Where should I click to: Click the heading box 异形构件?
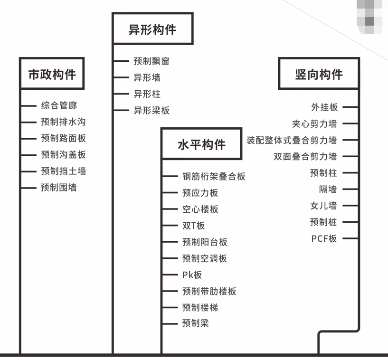152,29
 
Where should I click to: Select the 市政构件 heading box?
52,74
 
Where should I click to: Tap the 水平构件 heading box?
201,144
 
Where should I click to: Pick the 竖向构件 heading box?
319,74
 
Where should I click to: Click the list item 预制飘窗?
151,61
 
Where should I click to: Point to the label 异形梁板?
151,110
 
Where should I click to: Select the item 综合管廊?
59,105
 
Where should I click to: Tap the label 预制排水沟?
63,122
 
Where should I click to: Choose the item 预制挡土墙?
63,171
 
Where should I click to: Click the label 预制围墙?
59,188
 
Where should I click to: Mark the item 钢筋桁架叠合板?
214,176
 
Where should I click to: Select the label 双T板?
194,226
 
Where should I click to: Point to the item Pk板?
192,275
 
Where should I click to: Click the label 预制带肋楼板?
209,291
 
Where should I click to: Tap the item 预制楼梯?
200,308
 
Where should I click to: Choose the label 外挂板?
324,107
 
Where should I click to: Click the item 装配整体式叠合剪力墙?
292,140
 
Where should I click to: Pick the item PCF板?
324,238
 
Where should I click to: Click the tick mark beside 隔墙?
350,189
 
